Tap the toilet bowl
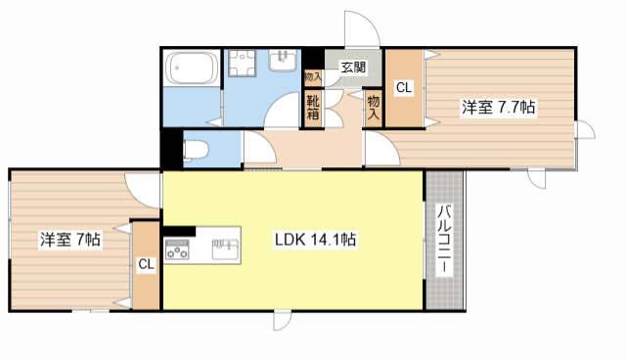point(197,150)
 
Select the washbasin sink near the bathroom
point(283,62)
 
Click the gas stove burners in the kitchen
point(179,250)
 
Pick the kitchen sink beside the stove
point(224,247)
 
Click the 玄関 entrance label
point(353,67)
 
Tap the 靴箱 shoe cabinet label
point(313,105)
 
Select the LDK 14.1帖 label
point(314,240)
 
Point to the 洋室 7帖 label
point(71,238)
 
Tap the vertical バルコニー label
point(443,239)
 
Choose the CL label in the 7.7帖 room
point(403,88)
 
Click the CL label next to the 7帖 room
point(146,264)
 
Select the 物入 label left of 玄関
point(313,75)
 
